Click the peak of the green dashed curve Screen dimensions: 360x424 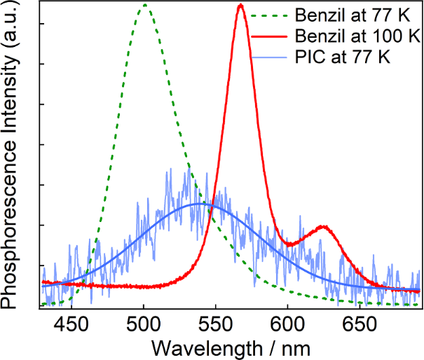(145, 5)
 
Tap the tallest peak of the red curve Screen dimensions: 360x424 (241, 5)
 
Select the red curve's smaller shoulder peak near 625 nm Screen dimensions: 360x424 (322, 227)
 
